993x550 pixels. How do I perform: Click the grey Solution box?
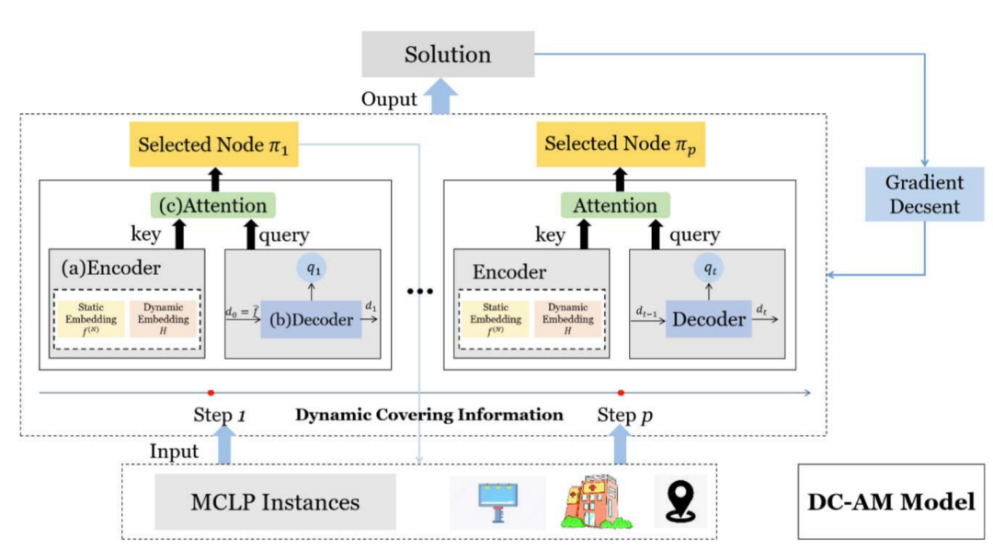pyautogui.click(x=448, y=54)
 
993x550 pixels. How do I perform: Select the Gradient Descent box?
pyautogui.click(x=924, y=194)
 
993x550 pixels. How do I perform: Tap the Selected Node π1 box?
pyautogui.click(x=213, y=144)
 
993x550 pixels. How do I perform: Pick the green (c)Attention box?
pyautogui.click(x=214, y=205)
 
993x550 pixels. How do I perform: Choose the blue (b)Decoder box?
pyautogui.click(x=311, y=319)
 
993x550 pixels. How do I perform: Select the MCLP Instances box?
pyautogui.click(x=275, y=502)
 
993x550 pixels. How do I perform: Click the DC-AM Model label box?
pyautogui.click(x=890, y=502)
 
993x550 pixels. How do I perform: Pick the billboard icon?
pyautogui.click(x=497, y=502)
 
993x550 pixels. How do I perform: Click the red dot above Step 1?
pyautogui.click(x=211, y=393)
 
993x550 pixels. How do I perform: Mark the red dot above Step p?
pyautogui.click(x=621, y=393)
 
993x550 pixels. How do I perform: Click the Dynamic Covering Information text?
pyautogui.click(x=429, y=415)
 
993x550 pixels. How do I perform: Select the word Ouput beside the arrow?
pyautogui.click(x=389, y=99)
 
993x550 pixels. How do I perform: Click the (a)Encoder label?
pyautogui.click(x=110, y=269)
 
